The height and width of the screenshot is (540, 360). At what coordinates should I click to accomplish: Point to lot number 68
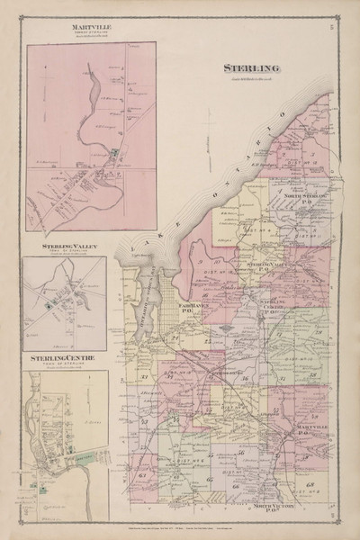coord(309,487)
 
